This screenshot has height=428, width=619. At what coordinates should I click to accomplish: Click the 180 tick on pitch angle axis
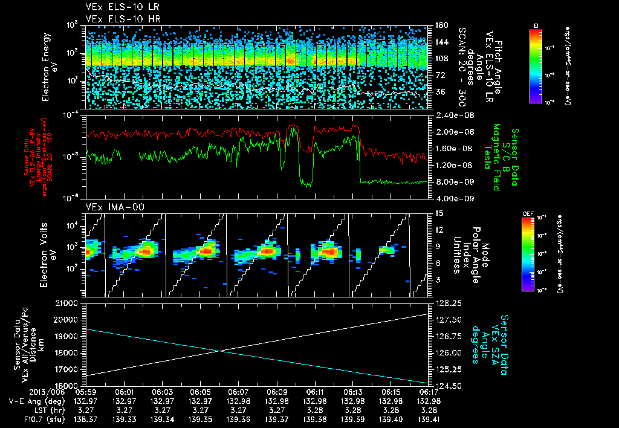[x=441, y=25]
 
